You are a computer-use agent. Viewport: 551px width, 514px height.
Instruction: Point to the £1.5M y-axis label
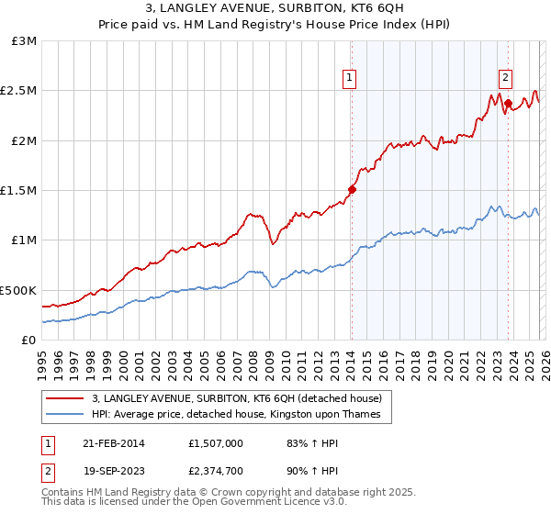(x=19, y=191)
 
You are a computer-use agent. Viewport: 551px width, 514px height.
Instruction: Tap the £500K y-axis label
(x=19, y=290)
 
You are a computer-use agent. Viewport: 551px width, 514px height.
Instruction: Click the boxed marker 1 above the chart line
(x=351, y=79)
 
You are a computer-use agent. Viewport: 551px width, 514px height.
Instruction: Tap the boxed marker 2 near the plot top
(x=506, y=79)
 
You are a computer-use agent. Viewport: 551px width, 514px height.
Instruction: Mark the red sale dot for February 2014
(x=352, y=190)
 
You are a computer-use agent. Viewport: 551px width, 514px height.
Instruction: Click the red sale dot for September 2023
(x=508, y=103)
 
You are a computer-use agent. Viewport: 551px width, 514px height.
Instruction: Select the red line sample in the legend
(x=65, y=398)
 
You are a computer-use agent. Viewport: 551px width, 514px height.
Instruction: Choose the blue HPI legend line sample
(x=65, y=415)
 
